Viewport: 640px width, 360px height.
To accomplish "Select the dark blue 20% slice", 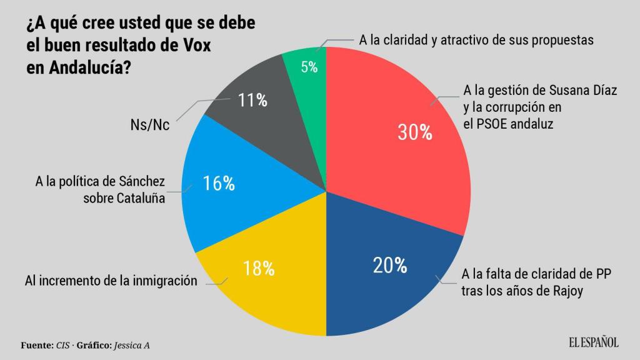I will (387, 275).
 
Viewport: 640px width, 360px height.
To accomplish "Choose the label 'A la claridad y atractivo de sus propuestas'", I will (475, 40).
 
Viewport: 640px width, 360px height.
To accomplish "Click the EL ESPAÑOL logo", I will (593, 342).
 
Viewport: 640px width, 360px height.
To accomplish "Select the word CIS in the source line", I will (63, 345).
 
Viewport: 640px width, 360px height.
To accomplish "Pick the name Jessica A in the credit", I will (132, 345).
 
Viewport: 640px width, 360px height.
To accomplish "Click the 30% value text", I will (415, 132).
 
